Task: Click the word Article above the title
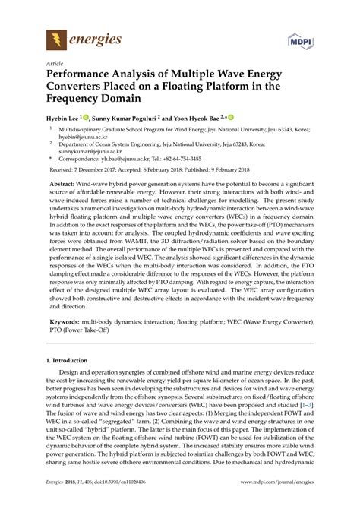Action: pos(55,64)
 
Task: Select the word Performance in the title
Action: pos(86,77)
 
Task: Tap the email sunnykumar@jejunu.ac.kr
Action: pos(95,161)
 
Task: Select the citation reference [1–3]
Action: pos(305,450)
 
